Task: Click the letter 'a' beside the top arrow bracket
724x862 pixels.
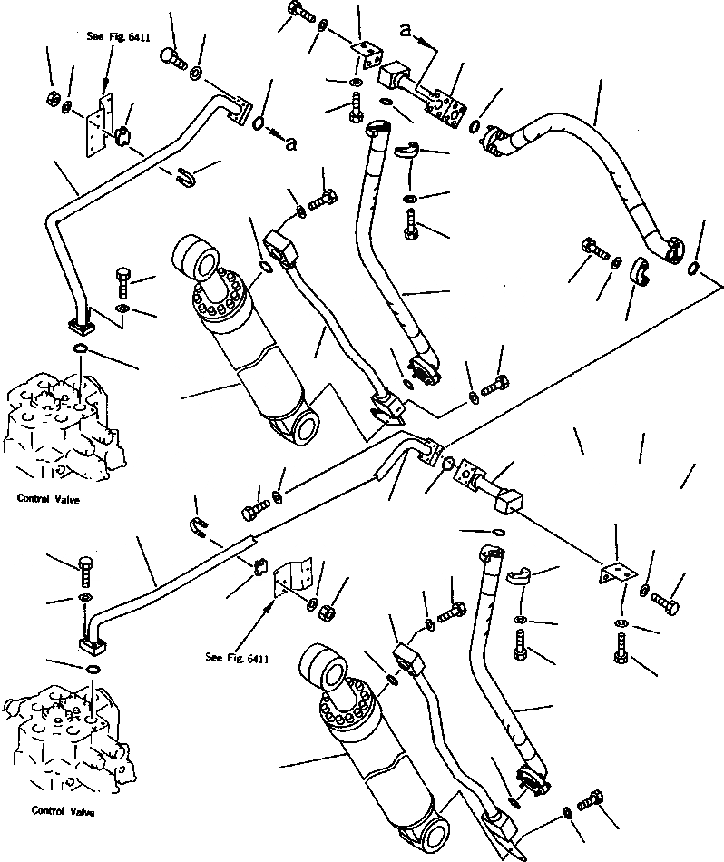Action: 406,31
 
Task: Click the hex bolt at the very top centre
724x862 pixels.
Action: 301,12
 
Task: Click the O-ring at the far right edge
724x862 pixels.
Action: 694,268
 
